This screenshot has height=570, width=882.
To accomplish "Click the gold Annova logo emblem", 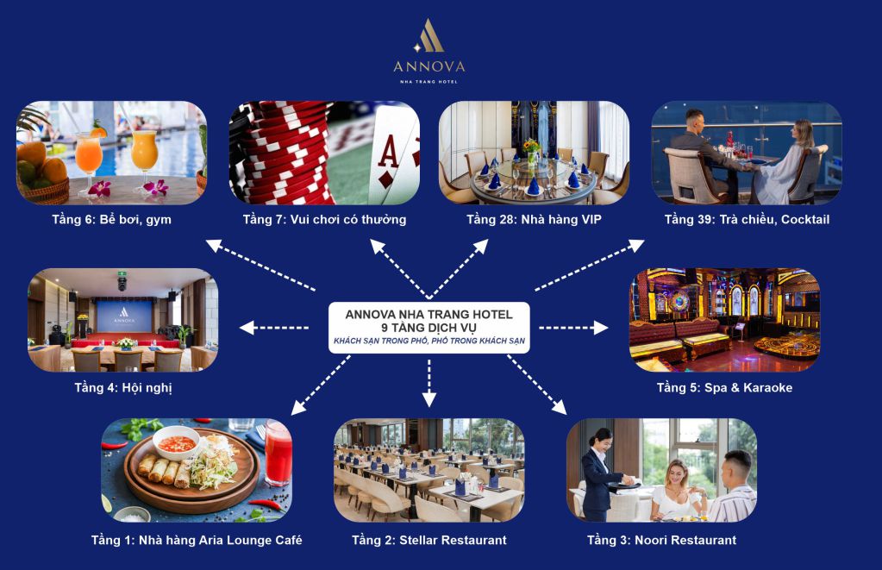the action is click(429, 35).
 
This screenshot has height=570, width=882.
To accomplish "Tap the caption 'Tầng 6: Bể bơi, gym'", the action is click(112, 219).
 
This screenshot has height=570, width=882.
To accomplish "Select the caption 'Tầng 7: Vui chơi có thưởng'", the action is click(324, 219).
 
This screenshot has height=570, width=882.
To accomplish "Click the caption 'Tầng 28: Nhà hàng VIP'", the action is click(534, 219).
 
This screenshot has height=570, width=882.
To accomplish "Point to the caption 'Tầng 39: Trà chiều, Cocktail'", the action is click(747, 219).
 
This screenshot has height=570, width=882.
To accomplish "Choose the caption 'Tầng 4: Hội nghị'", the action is click(123, 388).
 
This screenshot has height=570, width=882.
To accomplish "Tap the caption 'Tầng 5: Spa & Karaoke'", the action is click(724, 388).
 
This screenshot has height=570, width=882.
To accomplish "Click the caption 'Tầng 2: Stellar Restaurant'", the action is click(429, 540).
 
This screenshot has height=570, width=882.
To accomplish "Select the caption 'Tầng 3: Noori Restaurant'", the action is click(661, 540).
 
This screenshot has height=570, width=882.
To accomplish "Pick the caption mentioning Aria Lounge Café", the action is click(197, 540).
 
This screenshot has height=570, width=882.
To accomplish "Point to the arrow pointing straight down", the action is click(429, 383).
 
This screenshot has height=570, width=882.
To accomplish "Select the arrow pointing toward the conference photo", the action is click(274, 328).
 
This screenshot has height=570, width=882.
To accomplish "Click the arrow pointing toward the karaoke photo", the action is click(573, 328).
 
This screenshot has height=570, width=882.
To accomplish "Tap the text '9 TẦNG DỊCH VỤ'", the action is click(428, 328).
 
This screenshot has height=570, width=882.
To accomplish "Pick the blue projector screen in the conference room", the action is click(124, 316).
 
